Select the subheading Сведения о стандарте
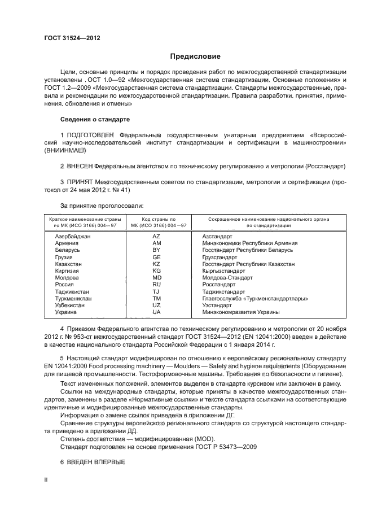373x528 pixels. click(95, 120)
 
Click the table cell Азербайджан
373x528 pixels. click(73, 235)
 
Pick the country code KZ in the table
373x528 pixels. click(157, 264)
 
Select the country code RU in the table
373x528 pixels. click(157, 285)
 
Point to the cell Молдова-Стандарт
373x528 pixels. click(227, 278)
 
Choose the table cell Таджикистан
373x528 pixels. click(73, 292)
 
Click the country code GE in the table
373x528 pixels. click(157, 256)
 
